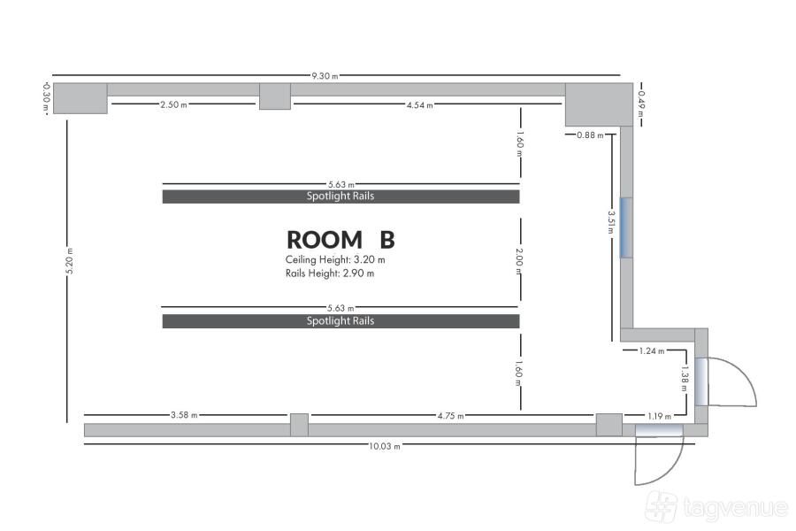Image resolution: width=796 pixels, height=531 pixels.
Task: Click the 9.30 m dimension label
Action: pos(325,76)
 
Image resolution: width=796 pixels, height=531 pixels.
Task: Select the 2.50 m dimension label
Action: pos(173,104)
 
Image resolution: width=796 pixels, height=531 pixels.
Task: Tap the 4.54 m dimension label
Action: pos(420,105)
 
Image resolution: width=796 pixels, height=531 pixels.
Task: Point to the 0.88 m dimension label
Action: pos(590,135)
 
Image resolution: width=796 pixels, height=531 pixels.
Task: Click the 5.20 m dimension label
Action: pos(70,261)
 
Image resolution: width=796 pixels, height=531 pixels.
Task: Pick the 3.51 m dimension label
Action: pos(611,222)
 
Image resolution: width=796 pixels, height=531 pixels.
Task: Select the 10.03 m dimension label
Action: pos(385,446)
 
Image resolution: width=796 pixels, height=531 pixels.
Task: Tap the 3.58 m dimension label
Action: pos(184,415)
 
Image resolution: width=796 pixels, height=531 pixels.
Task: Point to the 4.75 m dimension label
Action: pos(451,416)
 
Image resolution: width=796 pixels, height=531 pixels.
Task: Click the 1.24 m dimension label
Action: pos(652,350)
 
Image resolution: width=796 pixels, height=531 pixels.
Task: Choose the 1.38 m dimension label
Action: pos(685,379)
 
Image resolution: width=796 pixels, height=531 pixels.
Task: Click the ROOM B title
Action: pos(341,240)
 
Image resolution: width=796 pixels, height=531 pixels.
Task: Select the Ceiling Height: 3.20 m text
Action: pos(335,259)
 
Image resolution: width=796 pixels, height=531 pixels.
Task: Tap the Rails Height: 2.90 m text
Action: pos(330,273)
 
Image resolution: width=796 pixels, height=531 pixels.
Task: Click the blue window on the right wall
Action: pos(626,227)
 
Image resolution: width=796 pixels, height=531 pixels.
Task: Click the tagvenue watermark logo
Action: pos(716,506)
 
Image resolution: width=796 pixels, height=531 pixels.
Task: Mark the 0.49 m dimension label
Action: pos(641,104)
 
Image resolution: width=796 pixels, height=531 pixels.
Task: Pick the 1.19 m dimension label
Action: pos(659,416)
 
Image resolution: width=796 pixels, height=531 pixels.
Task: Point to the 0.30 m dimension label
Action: pos(46,97)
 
